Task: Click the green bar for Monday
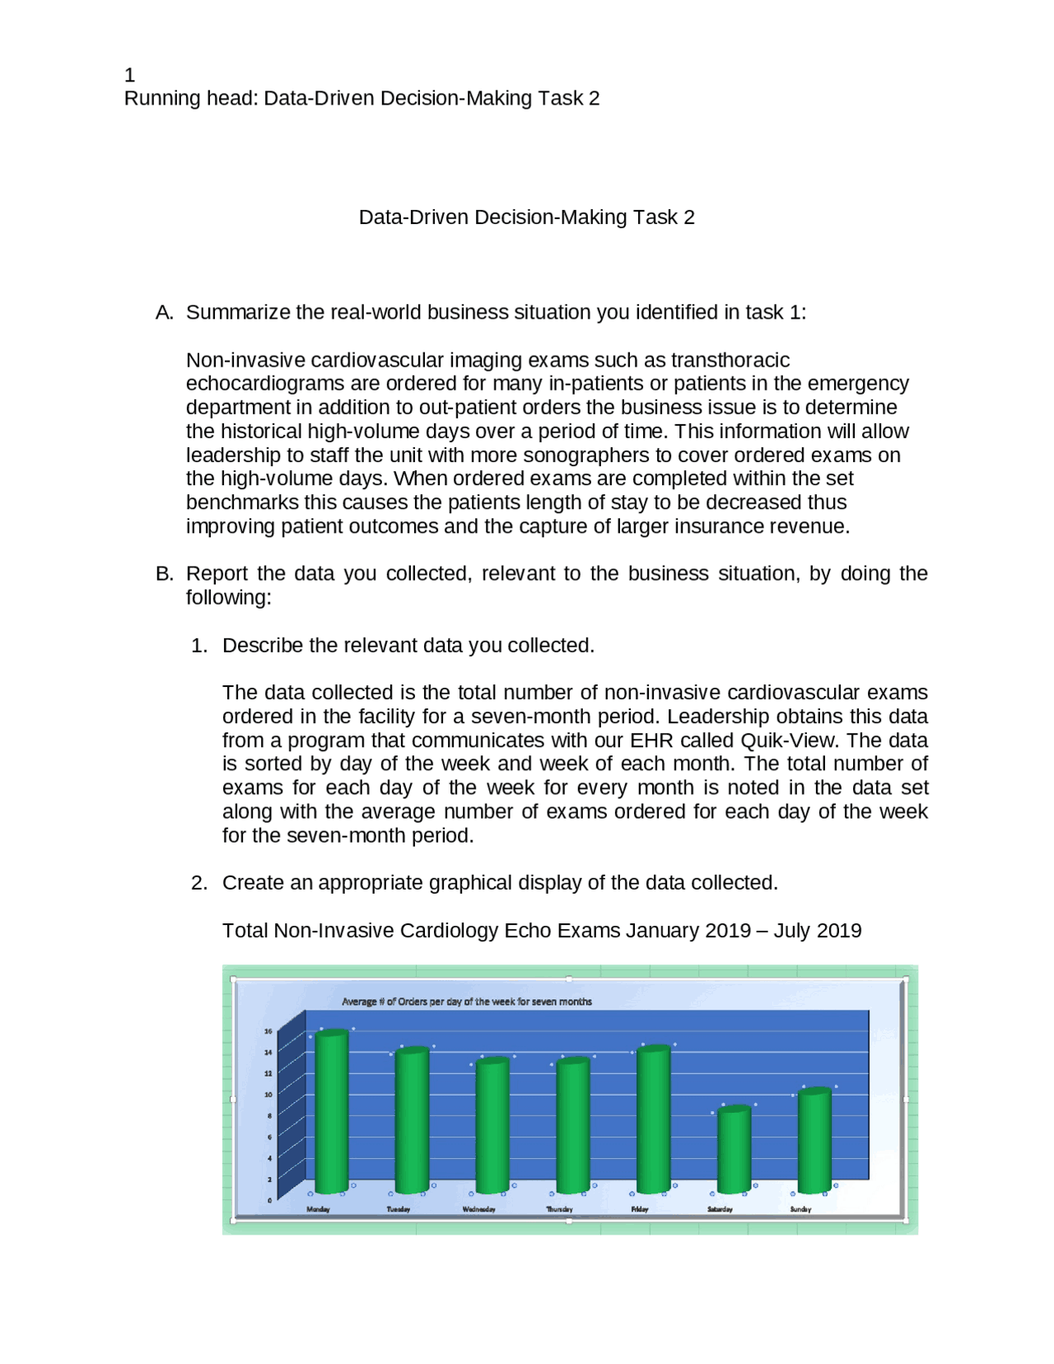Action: coord(332,1112)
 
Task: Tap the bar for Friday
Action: coord(653,1119)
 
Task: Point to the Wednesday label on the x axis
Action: coord(478,1209)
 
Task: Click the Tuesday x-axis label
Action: coord(399,1209)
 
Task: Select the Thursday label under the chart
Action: coord(559,1209)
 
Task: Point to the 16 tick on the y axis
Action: coord(268,1031)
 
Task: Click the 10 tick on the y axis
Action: coord(268,1095)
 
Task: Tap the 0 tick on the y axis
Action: coord(269,1201)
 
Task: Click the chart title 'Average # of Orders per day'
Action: coord(466,1002)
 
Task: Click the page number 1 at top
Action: coord(129,75)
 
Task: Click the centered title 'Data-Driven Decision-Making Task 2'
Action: coord(526,217)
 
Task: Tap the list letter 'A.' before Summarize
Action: coord(164,313)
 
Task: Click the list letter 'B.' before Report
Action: coord(164,574)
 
